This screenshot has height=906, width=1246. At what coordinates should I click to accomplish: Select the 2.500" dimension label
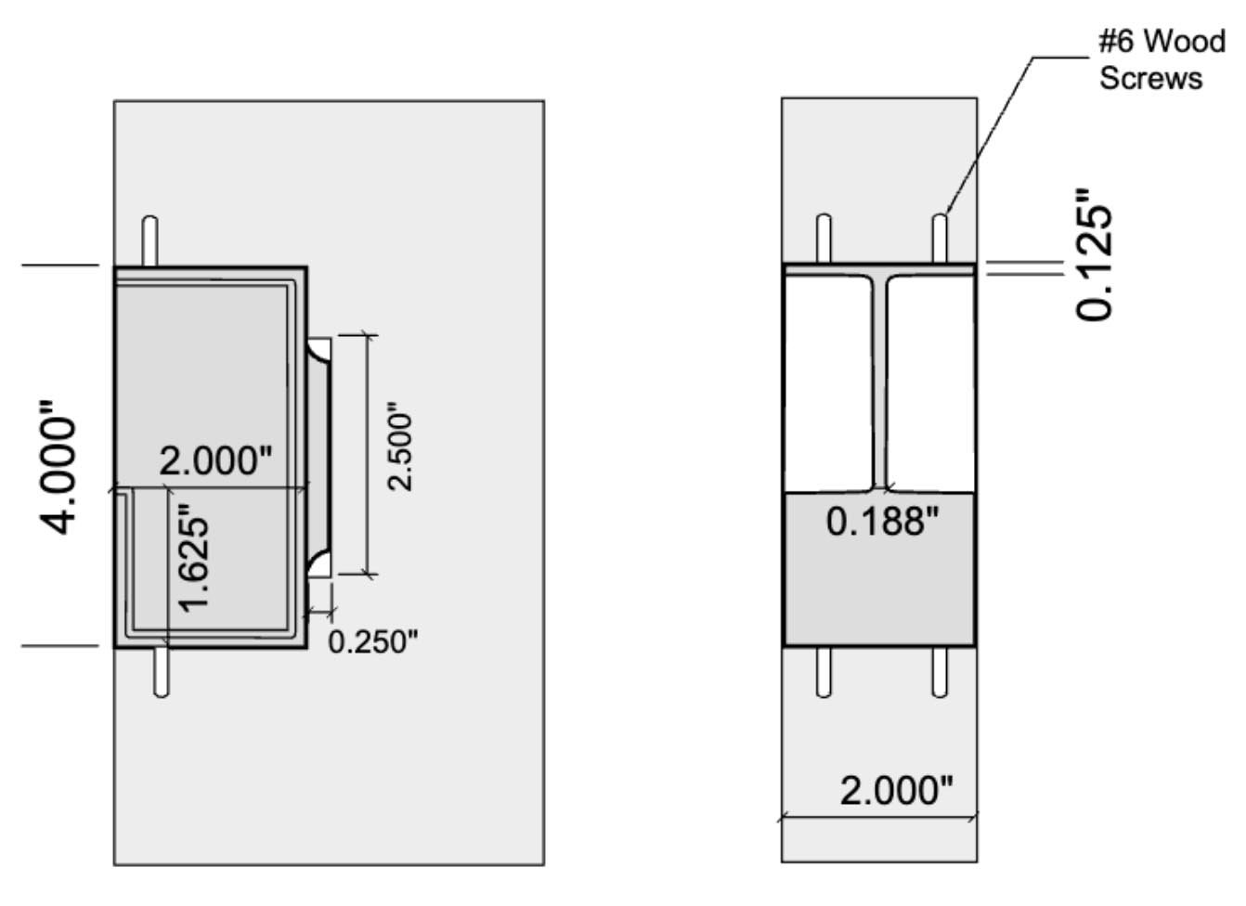click(x=400, y=447)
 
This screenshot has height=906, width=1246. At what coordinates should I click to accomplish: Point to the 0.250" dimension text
click(x=373, y=641)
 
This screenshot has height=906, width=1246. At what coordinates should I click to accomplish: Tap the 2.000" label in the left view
click(x=216, y=460)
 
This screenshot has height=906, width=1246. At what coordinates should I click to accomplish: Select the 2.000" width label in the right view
click(x=896, y=791)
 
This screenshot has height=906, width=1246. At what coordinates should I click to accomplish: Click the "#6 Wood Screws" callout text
click(x=1161, y=59)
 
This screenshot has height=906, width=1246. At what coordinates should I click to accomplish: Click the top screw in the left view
click(x=149, y=240)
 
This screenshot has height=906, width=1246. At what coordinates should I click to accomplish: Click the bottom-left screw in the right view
click(x=823, y=671)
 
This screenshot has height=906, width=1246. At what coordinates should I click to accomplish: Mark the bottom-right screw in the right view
click(x=940, y=671)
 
